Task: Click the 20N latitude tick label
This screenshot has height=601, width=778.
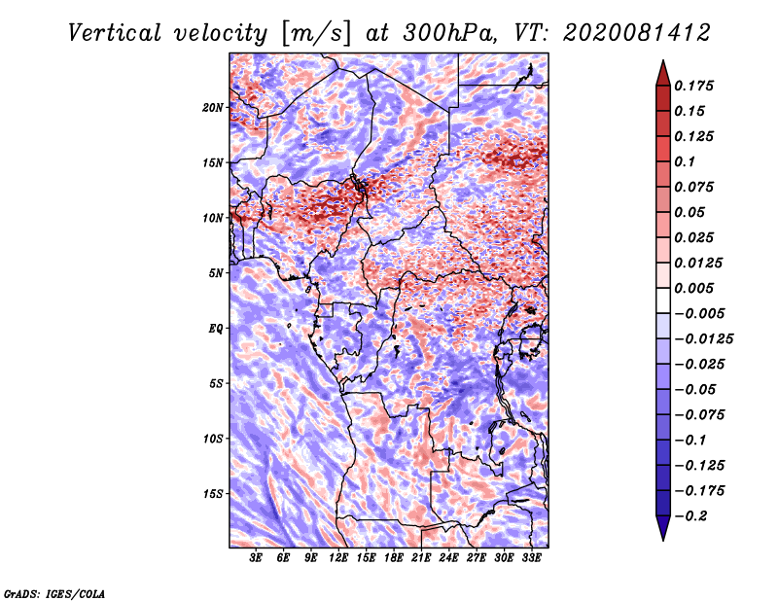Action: click(x=213, y=108)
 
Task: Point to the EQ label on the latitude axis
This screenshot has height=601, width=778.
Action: click(x=215, y=329)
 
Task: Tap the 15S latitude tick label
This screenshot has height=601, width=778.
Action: click(x=213, y=494)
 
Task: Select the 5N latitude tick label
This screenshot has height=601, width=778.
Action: click(x=216, y=273)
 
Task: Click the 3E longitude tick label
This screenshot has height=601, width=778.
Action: click(x=256, y=558)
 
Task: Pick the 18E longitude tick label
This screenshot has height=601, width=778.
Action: click(x=394, y=558)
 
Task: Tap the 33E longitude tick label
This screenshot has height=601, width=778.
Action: click(x=531, y=558)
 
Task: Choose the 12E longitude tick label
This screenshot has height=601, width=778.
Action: click(x=338, y=558)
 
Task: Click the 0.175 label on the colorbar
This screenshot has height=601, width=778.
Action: click(x=693, y=86)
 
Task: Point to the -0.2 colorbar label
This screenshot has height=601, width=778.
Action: click(x=690, y=516)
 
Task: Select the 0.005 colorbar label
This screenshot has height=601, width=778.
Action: click(x=693, y=288)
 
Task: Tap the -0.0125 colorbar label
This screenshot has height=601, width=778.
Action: click(x=703, y=339)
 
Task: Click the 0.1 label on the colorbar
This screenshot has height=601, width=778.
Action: click(x=685, y=161)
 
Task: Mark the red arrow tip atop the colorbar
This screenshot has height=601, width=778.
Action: click(x=663, y=60)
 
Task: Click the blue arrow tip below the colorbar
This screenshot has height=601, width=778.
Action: click(x=663, y=540)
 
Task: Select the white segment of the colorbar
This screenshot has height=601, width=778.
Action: click(x=663, y=300)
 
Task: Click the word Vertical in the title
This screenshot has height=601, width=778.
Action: click(x=115, y=33)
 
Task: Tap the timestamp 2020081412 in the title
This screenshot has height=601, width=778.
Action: click(x=637, y=33)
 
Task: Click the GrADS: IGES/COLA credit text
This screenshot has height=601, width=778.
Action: click(x=54, y=594)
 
